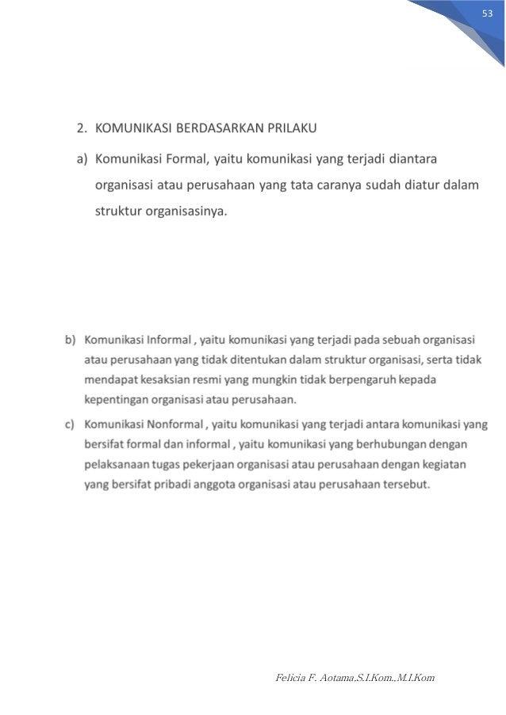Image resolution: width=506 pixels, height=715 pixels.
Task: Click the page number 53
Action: tap(488, 17)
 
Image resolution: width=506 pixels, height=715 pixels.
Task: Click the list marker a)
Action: tap(82, 160)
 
